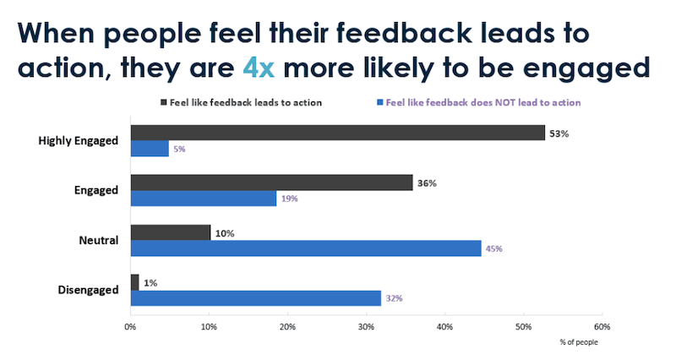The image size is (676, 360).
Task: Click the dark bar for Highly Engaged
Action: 338,133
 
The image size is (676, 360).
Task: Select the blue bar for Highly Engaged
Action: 150,149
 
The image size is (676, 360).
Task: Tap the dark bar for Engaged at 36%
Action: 271,183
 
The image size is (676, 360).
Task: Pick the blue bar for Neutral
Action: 306,248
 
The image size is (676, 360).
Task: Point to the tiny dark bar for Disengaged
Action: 134,282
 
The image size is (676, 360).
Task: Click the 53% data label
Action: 559,133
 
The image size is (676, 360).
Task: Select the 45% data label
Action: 495,248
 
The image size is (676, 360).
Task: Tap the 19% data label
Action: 289,199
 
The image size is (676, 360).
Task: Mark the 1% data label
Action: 150,282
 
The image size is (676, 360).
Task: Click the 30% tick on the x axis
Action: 366,326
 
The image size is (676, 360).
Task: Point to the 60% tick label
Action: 602,326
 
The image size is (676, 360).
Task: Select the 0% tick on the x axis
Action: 130,326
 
